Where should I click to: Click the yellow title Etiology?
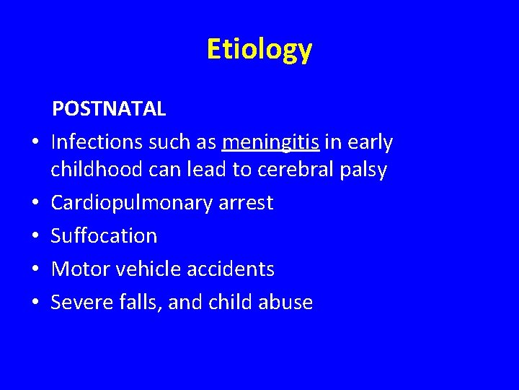point(259,50)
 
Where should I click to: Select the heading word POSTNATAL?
point(108,109)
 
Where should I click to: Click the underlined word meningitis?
point(271,143)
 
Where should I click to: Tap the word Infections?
point(97,143)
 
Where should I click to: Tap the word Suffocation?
point(104,236)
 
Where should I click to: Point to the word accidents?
point(231,269)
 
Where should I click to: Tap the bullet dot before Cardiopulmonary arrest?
point(34,204)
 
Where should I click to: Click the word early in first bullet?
point(369,143)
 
